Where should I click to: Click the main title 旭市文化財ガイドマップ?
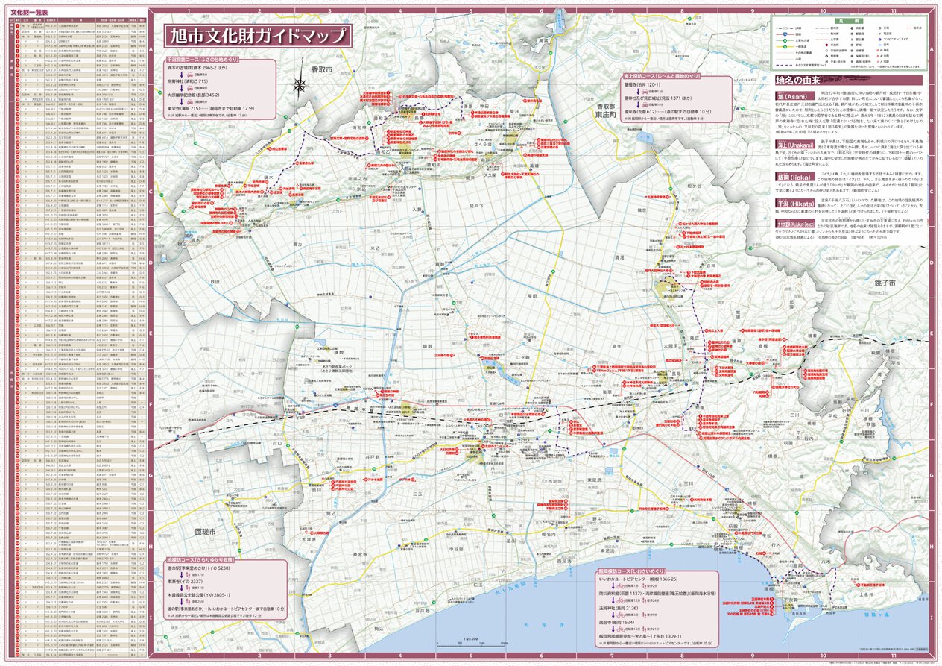257,36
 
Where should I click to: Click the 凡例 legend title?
847,22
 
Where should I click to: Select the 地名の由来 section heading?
801,80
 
